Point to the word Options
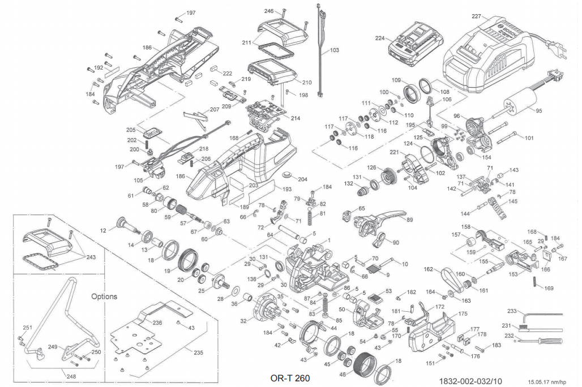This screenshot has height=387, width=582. [x=104, y=296]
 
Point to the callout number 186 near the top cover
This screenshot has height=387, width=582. [x=147, y=48]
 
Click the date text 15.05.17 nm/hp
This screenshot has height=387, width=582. [x=546, y=382]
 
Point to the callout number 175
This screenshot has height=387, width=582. [x=463, y=313]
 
